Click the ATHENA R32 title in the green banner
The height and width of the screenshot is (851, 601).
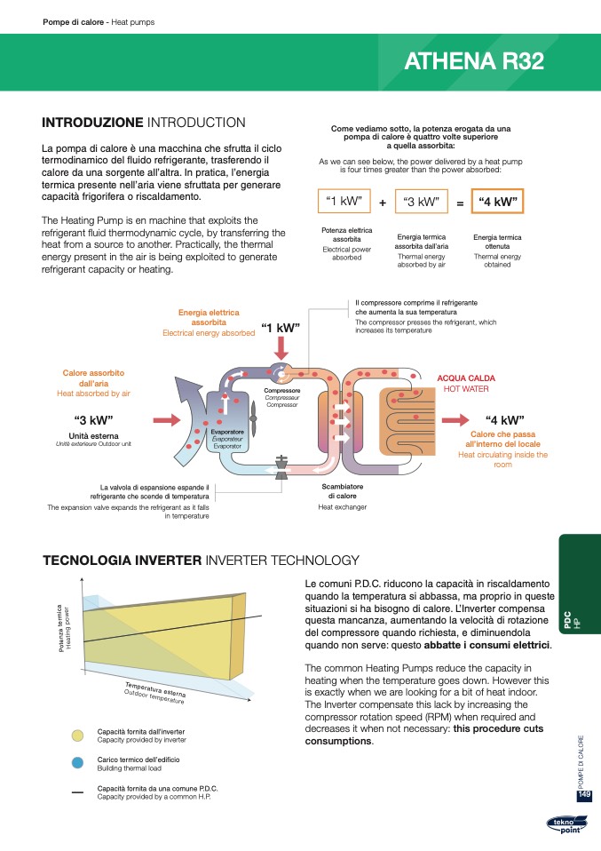pos(474,61)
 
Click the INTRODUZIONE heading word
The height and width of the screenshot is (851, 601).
pos(92,122)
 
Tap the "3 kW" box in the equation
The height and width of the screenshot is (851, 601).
pos(421,202)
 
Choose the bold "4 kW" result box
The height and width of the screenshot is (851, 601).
pos(497,202)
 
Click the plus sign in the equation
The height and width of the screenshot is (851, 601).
pos(382,203)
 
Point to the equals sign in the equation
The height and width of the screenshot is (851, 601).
pos(460,203)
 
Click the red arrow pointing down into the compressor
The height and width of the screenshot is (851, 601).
pos(281,347)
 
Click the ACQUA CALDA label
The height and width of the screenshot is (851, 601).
pos(466,378)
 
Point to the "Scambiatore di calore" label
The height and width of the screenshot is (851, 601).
pos(342,491)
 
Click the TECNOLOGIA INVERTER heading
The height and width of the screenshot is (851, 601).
pos(123,560)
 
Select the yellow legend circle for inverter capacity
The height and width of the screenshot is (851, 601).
pos(77,735)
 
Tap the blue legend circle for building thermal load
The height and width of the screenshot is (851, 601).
pos(77,763)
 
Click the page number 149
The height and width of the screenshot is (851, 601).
pos(584,794)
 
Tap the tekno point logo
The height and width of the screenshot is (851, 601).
pos(565,827)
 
